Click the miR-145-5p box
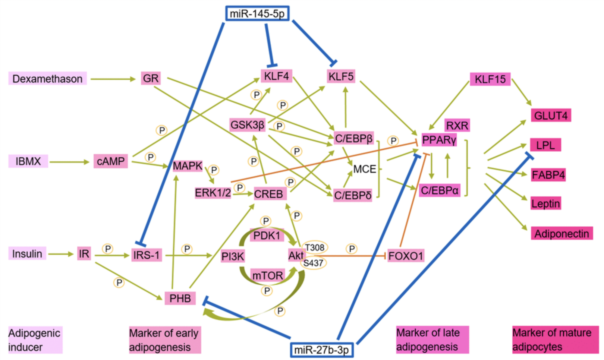(257, 14)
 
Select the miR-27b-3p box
(322, 350)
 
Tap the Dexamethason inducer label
(47, 79)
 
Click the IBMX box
(28, 161)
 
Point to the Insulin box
(27, 254)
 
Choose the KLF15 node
(490, 79)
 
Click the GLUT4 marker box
(551, 115)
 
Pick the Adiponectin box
(562, 234)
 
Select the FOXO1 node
(406, 256)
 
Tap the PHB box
(180, 298)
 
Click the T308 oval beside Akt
(315, 248)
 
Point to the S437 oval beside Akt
(313, 263)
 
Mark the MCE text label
(364, 169)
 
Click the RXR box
(457, 125)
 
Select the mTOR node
(268, 276)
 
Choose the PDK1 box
(267, 235)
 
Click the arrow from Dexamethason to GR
(113, 79)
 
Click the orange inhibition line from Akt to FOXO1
(350, 256)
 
